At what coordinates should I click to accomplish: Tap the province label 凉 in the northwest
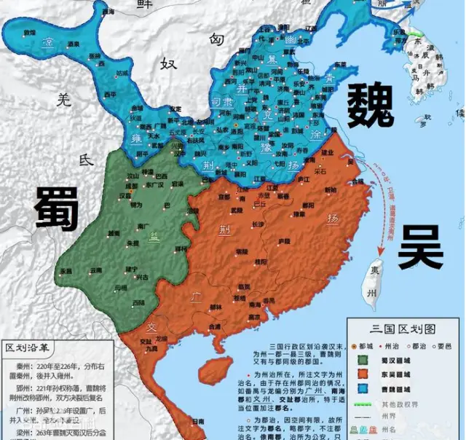click(48, 42)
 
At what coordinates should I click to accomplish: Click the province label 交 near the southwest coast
click(151, 326)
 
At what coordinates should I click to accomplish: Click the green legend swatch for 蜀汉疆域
click(363, 358)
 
